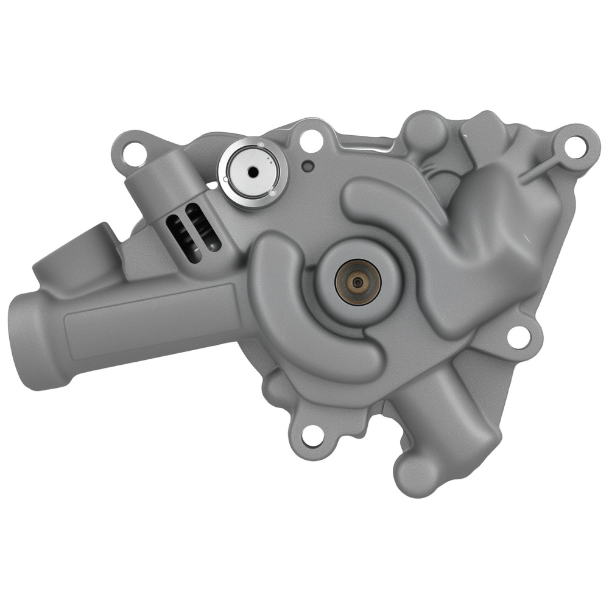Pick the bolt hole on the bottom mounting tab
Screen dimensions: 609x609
[311, 434]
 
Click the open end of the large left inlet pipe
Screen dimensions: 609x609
[37, 341]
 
